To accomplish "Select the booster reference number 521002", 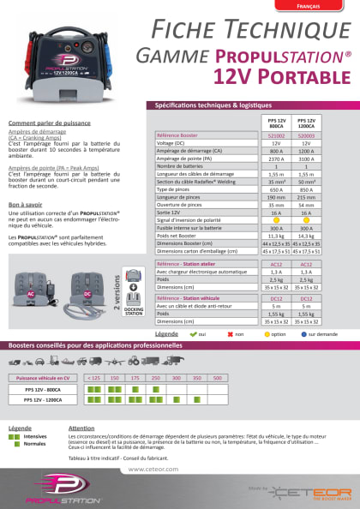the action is pyautogui.click(x=277, y=136).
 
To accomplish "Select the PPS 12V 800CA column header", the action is pyautogui.click(x=277, y=122).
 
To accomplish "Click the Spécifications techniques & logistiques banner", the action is pyautogui.click(x=249, y=105).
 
